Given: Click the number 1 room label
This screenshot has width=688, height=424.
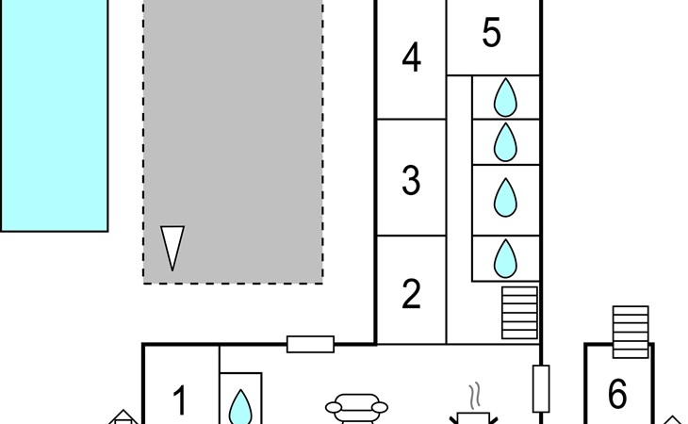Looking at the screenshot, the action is pyautogui.click(x=179, y=400).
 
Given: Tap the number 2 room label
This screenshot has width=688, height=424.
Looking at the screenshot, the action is pyautogui.click(x=411, y=294).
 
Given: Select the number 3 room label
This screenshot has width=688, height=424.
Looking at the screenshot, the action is pyautogui.click(x=411, y=179).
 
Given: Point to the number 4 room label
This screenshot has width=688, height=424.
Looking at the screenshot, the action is pyautogui.click(x=412, y=57).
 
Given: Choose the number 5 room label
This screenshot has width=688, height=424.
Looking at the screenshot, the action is pyautogui.click(x=491, y=32).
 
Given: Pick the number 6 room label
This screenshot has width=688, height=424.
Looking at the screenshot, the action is pyautogui.click(x=617, y=393).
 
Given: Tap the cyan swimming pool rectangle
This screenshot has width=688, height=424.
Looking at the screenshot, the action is pyautogui.click(x=54, y=115).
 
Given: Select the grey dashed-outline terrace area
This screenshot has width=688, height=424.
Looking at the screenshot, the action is pyautogui.click(x=234, y=141).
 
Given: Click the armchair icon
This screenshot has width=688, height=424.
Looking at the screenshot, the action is pyautogui.click(x=356, y=409).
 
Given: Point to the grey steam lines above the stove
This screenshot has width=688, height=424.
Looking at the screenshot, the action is pyautogui.click(x=475, y=396).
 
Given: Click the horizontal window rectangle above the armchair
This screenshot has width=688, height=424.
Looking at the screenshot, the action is pyautogui.click(x=310, y=344).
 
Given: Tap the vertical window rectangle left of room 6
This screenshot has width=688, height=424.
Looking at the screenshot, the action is pyautogui.click(x=541, y=389).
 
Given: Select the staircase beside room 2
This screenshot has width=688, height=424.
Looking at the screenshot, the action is pyautogui.click(x=519, y=313).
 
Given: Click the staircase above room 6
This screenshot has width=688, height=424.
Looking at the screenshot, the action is pyautogui.click(x=631, y=332).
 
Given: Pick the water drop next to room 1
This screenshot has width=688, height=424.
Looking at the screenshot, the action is pyautogui.click(x=241, y=407).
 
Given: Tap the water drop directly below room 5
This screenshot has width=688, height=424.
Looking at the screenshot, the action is pyautogui.click(x=505, y=97).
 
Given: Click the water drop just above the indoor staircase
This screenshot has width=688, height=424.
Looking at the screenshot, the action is pyautogui.click(x=505, y=259).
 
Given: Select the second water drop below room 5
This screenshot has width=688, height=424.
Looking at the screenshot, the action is pyautogui.click(x=505, y=142).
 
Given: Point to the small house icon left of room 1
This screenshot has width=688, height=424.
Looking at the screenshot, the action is pyautogui.click(x=123, y=417).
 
